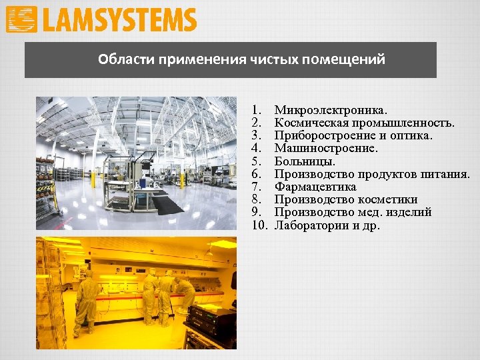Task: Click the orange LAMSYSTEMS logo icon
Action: pos(21,19)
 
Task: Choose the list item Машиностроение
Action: pos(326,148)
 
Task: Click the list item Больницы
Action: pos(305,161)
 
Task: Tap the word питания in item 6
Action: pos(447,174)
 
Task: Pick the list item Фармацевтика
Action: pos(315,187)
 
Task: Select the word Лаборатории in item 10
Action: pos(307,225)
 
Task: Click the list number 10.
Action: pos(259,225)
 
